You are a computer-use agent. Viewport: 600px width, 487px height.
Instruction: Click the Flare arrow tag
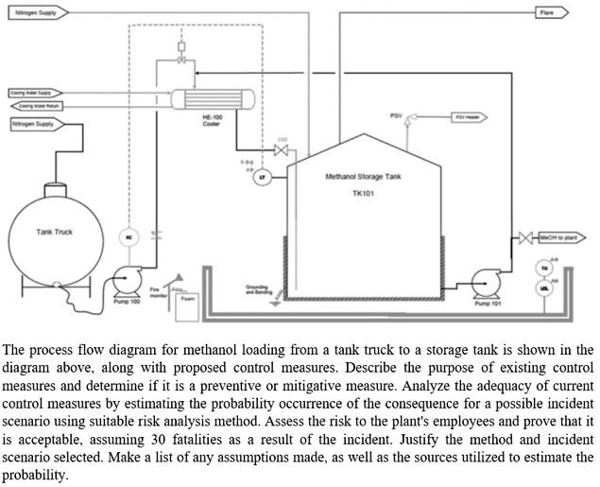pyautogui.click(x=552, y=12)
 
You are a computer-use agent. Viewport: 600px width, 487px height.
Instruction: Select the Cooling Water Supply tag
pyautogui.click(x=29, y=93)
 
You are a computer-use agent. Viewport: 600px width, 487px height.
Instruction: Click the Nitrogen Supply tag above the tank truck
pyautogui.click(x=34, y=124)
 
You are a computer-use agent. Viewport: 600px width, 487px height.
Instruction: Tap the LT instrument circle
pyautogui.click(x=263, y=177)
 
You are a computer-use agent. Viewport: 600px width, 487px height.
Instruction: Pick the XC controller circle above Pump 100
pyautogui.click(x=129, y=236)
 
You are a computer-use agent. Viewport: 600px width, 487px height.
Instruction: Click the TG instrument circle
pyautogui.click(x=543, y=268)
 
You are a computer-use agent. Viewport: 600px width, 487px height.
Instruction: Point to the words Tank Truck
pyautogui.click(x=55, y=231)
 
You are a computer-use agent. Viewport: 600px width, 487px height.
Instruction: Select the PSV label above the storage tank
pyautogui.click(x=396, y=115)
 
